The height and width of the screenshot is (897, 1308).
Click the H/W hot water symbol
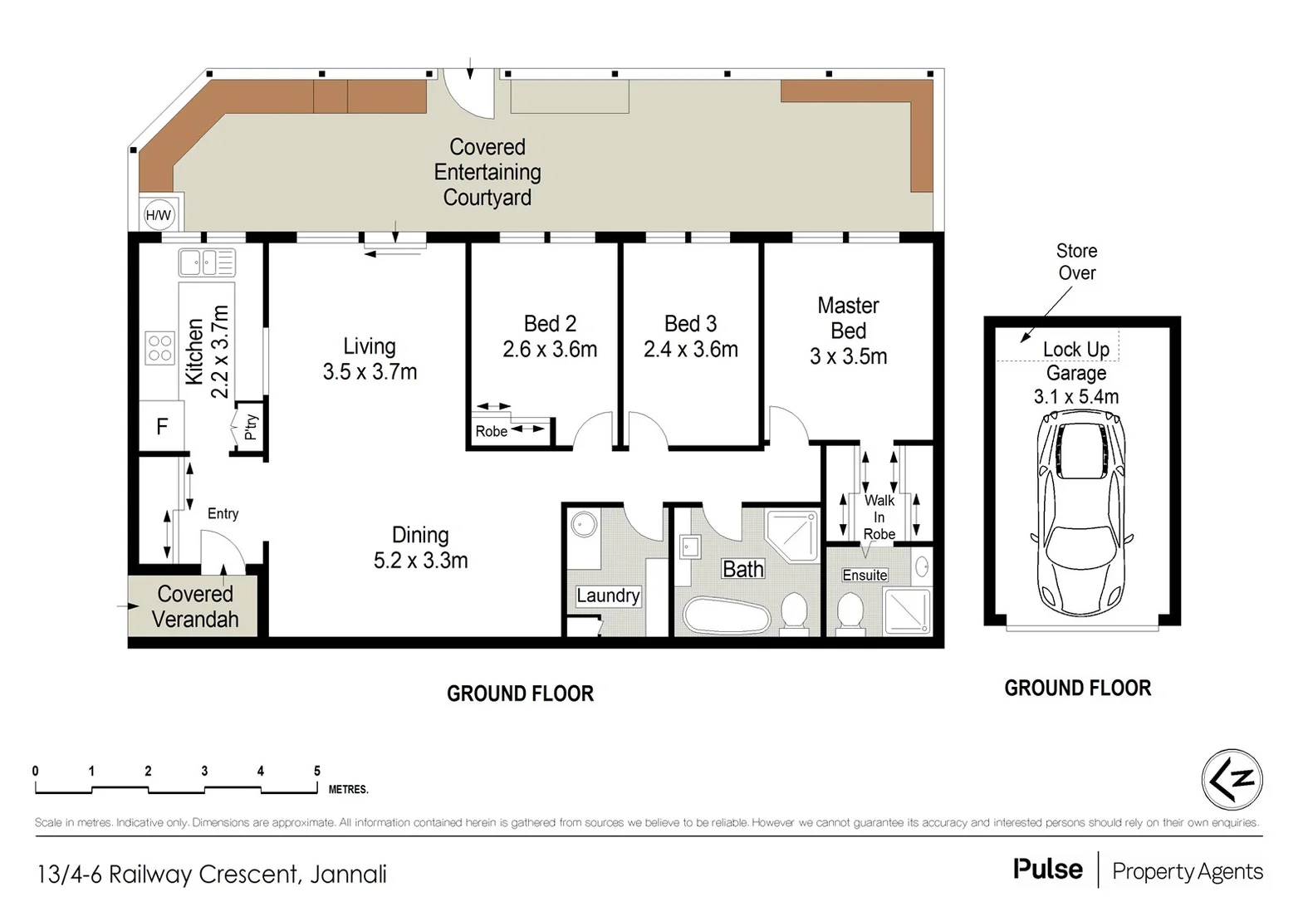click(158, 215)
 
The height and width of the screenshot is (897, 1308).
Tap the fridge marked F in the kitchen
click(162, 427)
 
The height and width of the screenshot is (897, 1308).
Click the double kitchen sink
click(207, 262)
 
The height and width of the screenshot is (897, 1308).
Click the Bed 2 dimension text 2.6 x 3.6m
click(550, 350)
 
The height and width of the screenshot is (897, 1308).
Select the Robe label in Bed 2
click(491, 431)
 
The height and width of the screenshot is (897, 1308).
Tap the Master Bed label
click(848, 318)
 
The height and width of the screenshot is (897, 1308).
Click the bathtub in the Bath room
click(725, 615)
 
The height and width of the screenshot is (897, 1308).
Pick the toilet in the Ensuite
click(850, 612)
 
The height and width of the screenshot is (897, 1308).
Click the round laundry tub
click(585, 525)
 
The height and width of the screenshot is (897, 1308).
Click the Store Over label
click(1076, 262)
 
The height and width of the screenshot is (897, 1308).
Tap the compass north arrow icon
click(1232, 779)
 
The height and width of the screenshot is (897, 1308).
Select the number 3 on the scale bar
click(204, 771)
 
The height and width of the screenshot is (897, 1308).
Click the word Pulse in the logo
click(1047, 870)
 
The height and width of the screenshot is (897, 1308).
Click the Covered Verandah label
click(195, 606)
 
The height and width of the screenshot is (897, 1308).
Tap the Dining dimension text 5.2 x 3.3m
click(420, 561)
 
